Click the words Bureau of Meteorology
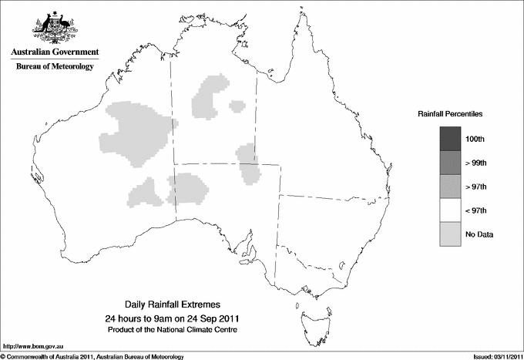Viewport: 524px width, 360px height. pyautogui.click(x=55, y=67)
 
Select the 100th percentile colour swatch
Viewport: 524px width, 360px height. pyautogui.click(x=450, y=139)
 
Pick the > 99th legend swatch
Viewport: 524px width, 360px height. pyautogui.click(x=450, y=163)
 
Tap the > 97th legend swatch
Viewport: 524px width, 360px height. pyautogui.click(x=450, y=187)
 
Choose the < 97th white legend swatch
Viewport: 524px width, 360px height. pyautogui.click(x=450, y=210)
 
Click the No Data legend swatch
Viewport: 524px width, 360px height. pyautogui.click(x=450, y=234)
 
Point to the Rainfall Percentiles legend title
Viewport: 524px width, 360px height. pyautogui.click(x=450, y=113)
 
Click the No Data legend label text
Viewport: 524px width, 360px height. pyautogui.click(x=479, y=234)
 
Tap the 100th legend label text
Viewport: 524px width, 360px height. pyautogui.click(x=475, y=140)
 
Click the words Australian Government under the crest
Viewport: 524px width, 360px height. pyautogui.click(x=55, y=52)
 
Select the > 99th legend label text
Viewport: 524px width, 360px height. pyautogui.click(x=476, y=163)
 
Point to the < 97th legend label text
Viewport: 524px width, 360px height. pyautogui.click(x=476, y=210)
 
